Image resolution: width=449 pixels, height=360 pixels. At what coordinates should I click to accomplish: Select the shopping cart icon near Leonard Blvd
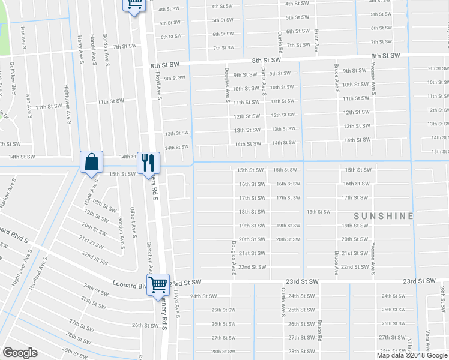(x=158, y=284)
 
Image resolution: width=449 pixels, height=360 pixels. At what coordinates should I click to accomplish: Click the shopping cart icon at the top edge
(x=135, y=4)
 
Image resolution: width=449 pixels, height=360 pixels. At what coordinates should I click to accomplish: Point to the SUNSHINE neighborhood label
(x=384, y=216)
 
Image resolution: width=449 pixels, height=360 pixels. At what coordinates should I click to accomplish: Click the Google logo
(x=20, y=353)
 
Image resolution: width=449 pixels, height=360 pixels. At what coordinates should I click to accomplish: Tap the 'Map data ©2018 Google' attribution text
(x=412, y=355)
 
